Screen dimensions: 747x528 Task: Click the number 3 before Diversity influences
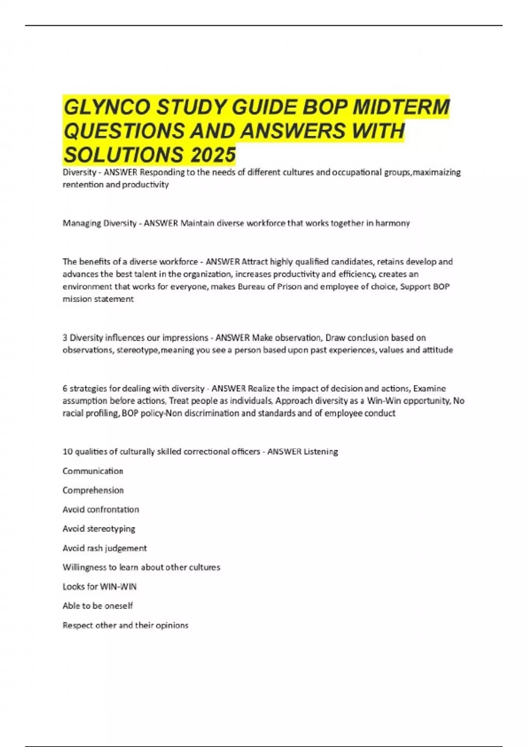coord(65,338)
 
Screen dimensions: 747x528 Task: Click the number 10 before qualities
coord(67,452)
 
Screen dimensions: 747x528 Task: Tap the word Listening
coord(321,452)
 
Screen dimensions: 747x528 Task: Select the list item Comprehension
coord(93,490)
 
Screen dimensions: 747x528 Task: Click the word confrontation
coord(113,510)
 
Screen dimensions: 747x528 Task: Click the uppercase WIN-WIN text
coord(118,587)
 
